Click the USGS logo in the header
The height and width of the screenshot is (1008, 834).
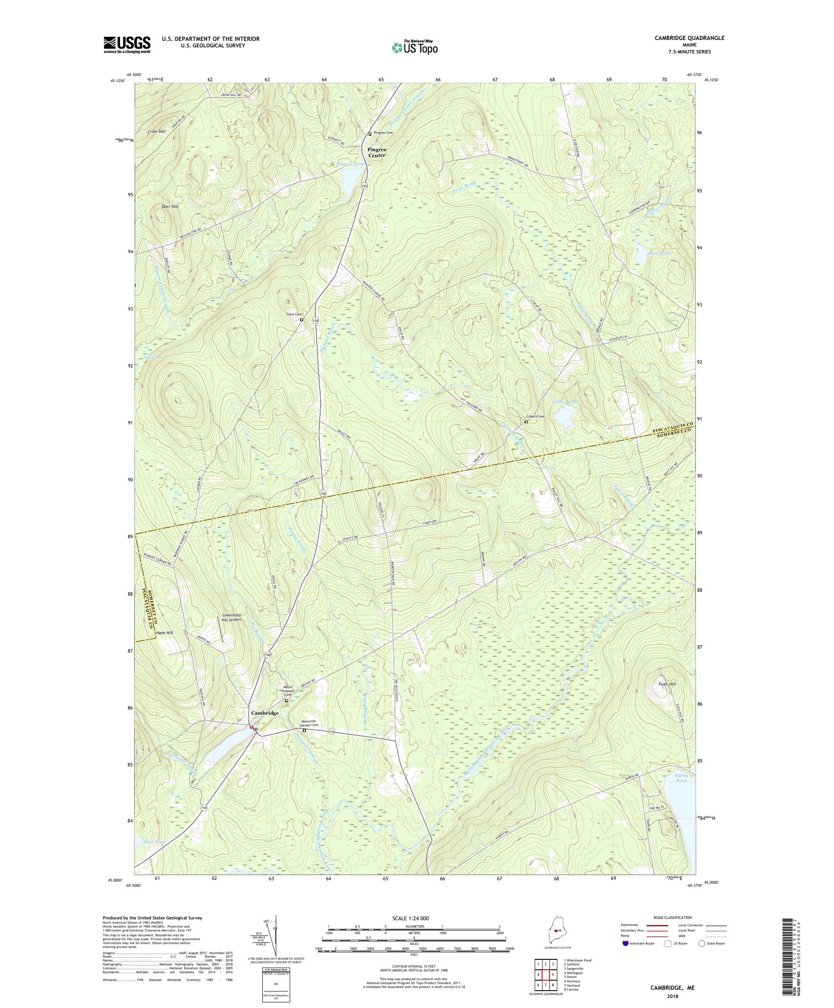click(x=127, y=45)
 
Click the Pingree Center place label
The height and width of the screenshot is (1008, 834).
click(x=377, y=152)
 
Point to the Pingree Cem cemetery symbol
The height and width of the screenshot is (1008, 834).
click(x=370, y=133)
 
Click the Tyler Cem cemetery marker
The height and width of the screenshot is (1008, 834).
click(x=301, y=320)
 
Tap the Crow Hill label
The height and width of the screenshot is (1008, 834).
click(x=157, y=131)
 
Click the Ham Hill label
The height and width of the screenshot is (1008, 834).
click(x=165, y=633)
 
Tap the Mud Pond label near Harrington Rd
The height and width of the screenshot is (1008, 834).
click(x=645, y=252)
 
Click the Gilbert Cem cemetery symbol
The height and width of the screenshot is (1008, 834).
click(x=526, y=422)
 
